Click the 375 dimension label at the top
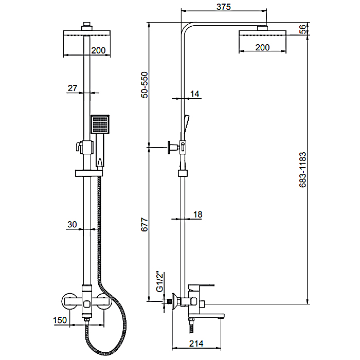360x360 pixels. click(x=223, y=7)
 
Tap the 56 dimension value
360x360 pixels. click(x=303, y=29)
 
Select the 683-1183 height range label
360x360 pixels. click(x=303, y=170)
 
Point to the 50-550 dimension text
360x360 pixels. click(x=145, y=85)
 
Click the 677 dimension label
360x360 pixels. click(x=145, y=225)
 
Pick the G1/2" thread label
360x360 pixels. click(x=159, y=282)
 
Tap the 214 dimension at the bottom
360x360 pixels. click(x=196, y=344)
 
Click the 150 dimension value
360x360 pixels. click(x=60, y=320)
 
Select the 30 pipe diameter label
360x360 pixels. click(x=72, y=225)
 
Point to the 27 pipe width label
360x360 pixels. click(x=73, y=88)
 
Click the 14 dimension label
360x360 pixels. click(x=195, y=94)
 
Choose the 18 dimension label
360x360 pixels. click(x=197, y=214)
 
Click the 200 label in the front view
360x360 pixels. click(x=99, y=50)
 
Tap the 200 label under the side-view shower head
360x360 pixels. click(x=262, y=47)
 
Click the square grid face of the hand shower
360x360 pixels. click(x=100, y=124)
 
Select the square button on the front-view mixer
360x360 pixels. click(x=87, y=304)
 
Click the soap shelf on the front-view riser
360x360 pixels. click(x=89, y=173)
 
